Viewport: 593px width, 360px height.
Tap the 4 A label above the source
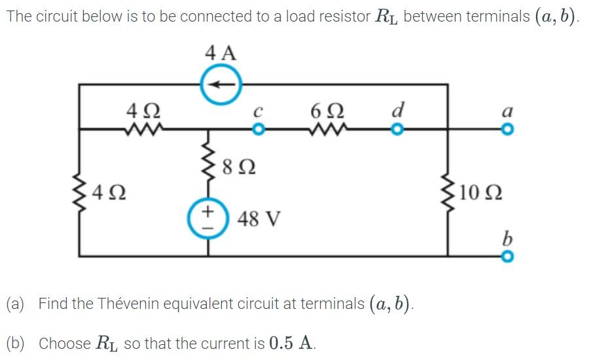221,52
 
